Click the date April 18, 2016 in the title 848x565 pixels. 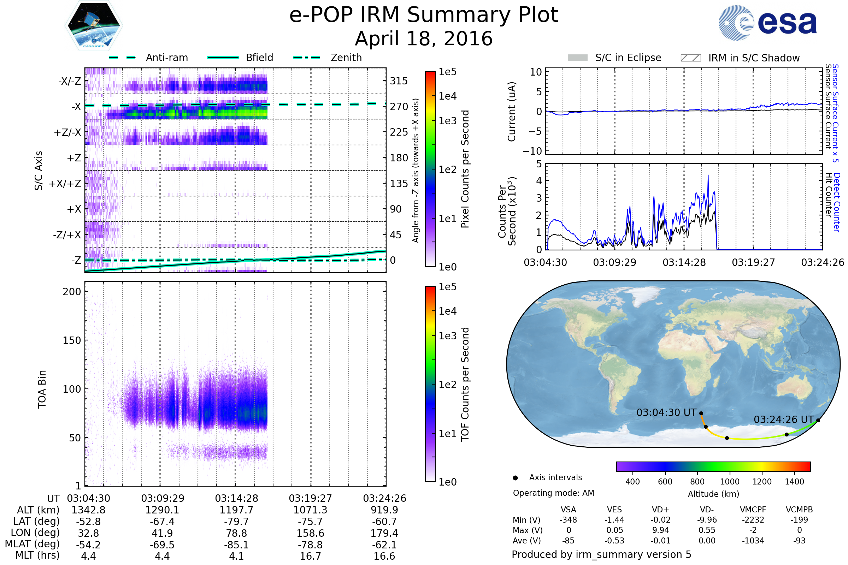click(424, 39)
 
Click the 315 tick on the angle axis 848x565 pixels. click(399, 81)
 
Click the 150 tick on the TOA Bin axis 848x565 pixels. click(72, 340)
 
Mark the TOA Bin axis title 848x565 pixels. click(42, 389)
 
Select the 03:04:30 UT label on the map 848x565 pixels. click(666, 412)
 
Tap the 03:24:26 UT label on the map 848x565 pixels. click(783, 420)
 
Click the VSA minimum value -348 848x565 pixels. click(568, 520)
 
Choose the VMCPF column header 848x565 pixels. click(753, 510)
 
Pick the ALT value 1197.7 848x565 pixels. click(236, 510)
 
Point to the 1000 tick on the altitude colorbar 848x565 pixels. click(730, 482)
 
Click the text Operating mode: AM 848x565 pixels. click(553, 493)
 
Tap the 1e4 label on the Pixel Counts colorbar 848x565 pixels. click(447, 96)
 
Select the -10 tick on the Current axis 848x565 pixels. click(532, 151)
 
